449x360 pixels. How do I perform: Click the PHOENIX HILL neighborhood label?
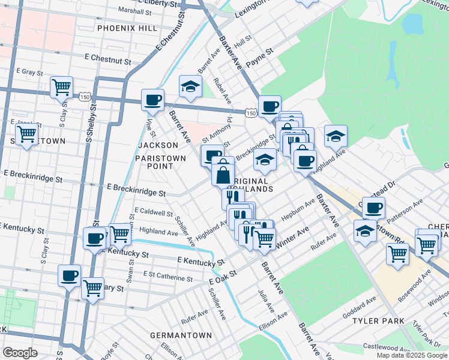127,28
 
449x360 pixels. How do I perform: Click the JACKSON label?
158,145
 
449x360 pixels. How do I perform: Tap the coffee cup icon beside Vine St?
152,99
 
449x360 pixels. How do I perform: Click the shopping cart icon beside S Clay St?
61,87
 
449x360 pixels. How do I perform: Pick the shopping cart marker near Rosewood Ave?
397,253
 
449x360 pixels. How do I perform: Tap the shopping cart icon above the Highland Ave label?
120,234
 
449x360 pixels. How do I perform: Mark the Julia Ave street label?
265,300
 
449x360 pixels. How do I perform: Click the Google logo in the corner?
20,353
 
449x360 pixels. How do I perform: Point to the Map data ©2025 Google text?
412,355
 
